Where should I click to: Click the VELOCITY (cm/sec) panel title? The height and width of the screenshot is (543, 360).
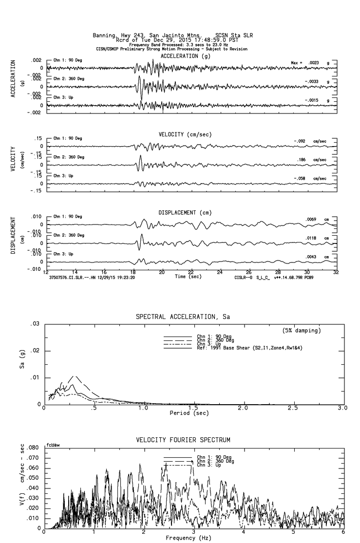click(186, 134)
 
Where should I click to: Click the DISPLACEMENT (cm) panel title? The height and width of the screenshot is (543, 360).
click(185, 213)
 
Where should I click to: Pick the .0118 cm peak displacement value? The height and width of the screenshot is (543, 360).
click(312, 238)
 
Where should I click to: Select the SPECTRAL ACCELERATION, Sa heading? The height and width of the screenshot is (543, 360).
click(183, 317)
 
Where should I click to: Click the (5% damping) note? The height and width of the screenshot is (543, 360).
click(302, 331)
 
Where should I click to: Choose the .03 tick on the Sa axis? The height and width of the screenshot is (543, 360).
click(35, 324)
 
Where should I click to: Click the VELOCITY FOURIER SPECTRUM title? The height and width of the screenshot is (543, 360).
click(183, 440)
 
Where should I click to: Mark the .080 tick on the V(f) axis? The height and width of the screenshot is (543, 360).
click(32, 448)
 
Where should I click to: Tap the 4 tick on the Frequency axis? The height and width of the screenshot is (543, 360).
click(243, 532)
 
